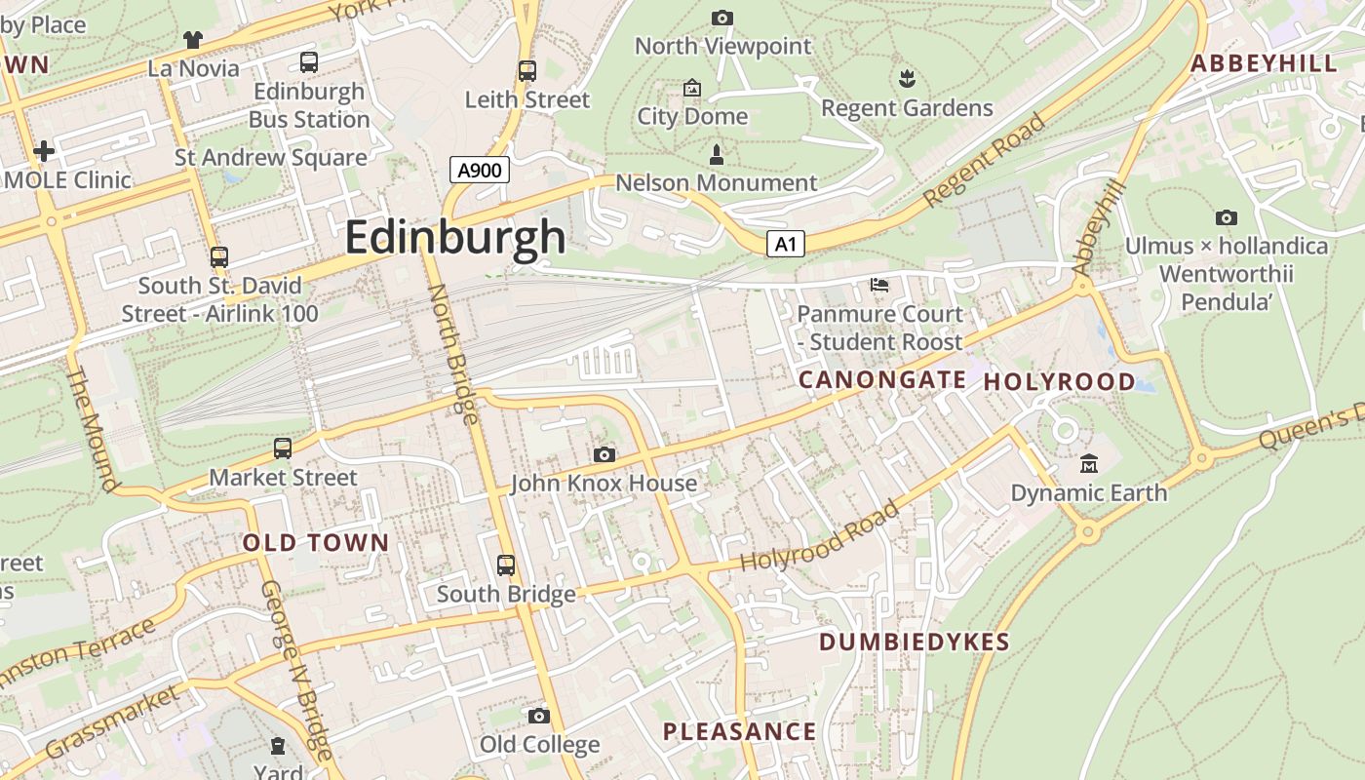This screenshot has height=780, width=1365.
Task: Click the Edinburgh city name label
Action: click(x=454, y=237)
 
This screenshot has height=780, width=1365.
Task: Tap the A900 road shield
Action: click(x=480, y=171)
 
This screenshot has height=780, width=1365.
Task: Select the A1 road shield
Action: click(x=786, y=245)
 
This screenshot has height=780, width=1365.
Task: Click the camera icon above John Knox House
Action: click(x=604, y=454)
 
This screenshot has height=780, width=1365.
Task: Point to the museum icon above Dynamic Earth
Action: click(x=1089, y=464)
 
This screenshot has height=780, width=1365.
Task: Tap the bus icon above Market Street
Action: click(x=283, y=448)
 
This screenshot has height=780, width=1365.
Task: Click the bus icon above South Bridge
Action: click(x=505, y=565)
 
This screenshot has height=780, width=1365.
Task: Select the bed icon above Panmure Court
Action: click(x=879, y=285)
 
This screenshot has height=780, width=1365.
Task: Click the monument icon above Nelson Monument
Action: click(x=717, y=154)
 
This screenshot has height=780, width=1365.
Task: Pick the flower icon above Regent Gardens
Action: click(x=907, y=78)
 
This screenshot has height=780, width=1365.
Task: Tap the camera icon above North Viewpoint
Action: click(x=722, y=18)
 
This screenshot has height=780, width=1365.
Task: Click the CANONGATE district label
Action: click(x=882, y=380)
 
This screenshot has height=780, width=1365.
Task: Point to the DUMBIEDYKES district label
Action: click(x=914, y=642)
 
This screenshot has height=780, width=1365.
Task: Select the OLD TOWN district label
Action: click(x=315, y=543)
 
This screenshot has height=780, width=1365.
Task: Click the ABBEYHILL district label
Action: click(x=1264, y=64)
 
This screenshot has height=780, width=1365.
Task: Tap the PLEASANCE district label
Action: click(x=739, y=731)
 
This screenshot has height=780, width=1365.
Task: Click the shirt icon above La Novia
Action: click(x=193, y=40)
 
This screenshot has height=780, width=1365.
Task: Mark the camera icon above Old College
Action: click(x=539, y=717)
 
